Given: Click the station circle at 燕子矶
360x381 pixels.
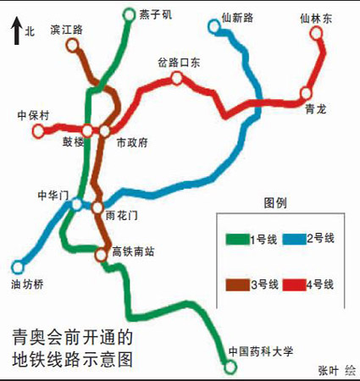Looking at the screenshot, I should (x=129, y=14).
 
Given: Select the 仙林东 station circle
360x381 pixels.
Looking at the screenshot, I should (x=317, y=33).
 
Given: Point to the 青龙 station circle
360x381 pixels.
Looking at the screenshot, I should (x=306, y=92).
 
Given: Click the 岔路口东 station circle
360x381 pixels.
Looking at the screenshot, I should (x=177, y=78).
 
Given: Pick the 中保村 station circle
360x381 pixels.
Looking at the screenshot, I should (x=38, y=130).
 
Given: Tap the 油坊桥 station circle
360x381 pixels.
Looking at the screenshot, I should (x=17, y=267).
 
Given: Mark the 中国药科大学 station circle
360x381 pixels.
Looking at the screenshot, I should (x=230, y=366).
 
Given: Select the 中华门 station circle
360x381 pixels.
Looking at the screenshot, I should (x=77, y=204).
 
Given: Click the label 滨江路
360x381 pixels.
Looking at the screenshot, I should (x=67, y=30).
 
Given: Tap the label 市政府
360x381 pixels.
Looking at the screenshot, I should (x=131, y=143).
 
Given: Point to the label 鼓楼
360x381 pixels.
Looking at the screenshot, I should (x=74, y=143).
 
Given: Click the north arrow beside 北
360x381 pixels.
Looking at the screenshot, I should (x=14, y=33).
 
